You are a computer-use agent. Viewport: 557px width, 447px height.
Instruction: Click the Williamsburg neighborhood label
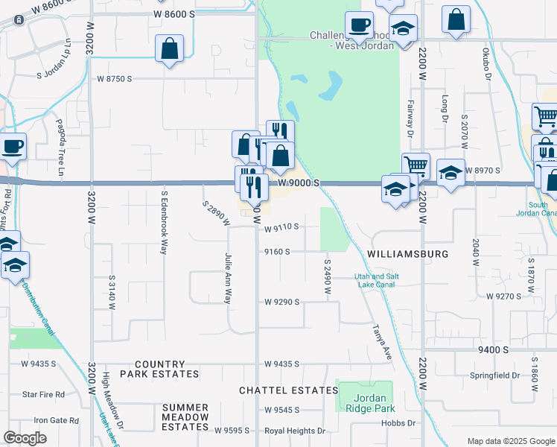[407, 254]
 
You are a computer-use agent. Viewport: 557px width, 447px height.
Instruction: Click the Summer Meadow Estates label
[185, 417]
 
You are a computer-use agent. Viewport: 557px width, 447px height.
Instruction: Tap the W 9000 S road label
[299, 183]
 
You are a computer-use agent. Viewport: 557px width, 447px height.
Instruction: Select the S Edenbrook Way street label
[164, 222]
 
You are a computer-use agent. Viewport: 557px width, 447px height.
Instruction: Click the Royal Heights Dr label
[296, 431]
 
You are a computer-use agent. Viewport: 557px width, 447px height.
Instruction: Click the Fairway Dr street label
[410, 118]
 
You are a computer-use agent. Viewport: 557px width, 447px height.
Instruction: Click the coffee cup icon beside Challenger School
[359, 25]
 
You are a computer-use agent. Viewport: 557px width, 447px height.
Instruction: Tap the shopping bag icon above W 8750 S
[170, 49]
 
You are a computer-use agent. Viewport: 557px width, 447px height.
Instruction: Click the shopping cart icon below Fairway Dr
[416, 166]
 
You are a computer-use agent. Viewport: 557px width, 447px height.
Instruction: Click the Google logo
[25, 438]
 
